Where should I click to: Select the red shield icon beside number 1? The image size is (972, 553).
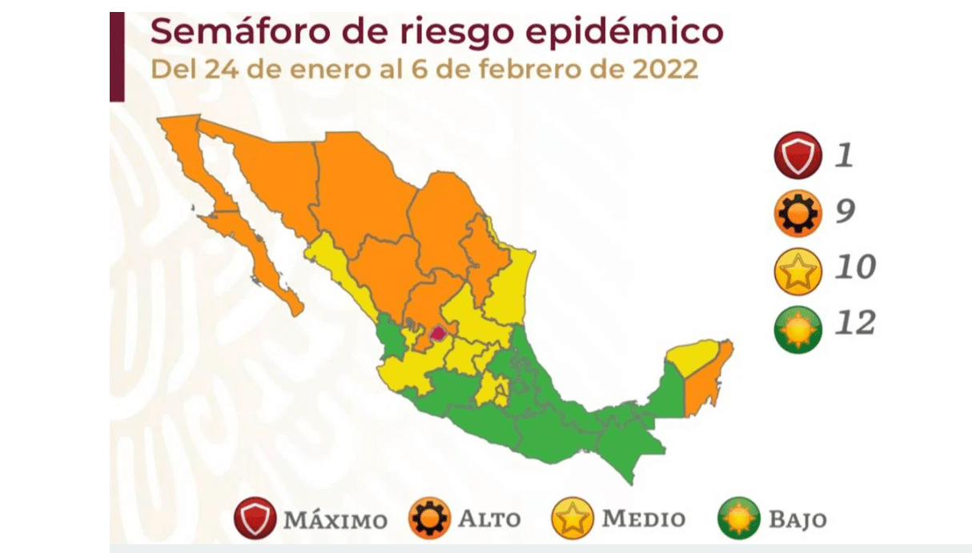[797, 156]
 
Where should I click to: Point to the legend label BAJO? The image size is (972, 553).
[797, 519]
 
